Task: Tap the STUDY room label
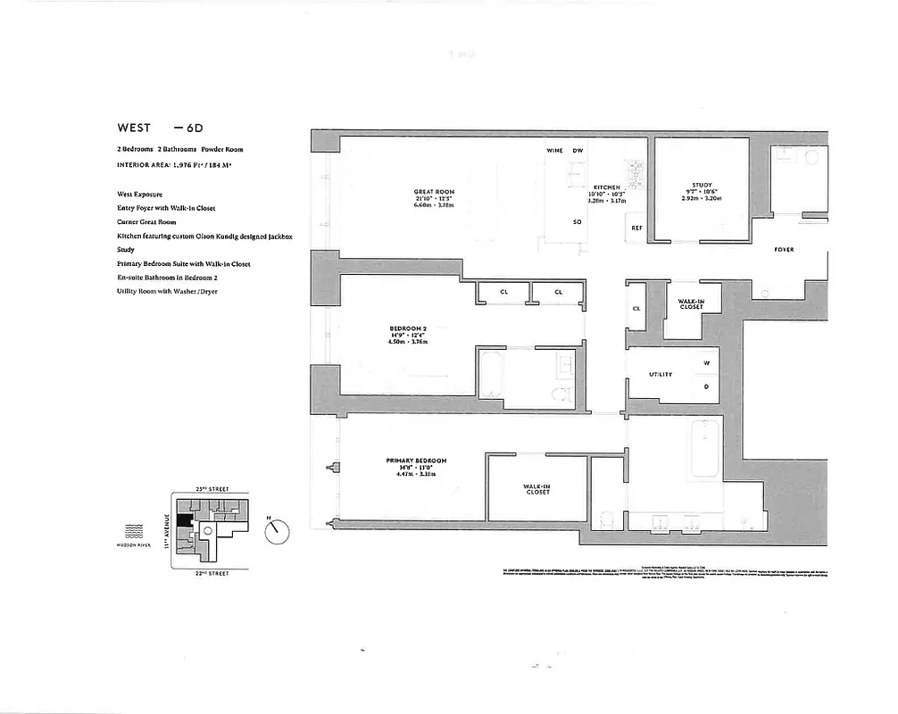click(701, 186)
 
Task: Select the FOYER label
click(784, 250)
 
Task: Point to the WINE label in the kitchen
click(554, 151)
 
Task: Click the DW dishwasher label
click(578, 151)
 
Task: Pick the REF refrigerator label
click(636, 228)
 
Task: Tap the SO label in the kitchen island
click(578, 221)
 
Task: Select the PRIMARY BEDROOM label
click(416, 461)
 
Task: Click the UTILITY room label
click(661, 374)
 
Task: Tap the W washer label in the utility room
click(706, 362)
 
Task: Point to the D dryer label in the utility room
click(706, 386)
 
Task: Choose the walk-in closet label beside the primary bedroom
click(536, 489)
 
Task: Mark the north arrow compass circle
click(278, 531)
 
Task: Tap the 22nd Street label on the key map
click(212, 573)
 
